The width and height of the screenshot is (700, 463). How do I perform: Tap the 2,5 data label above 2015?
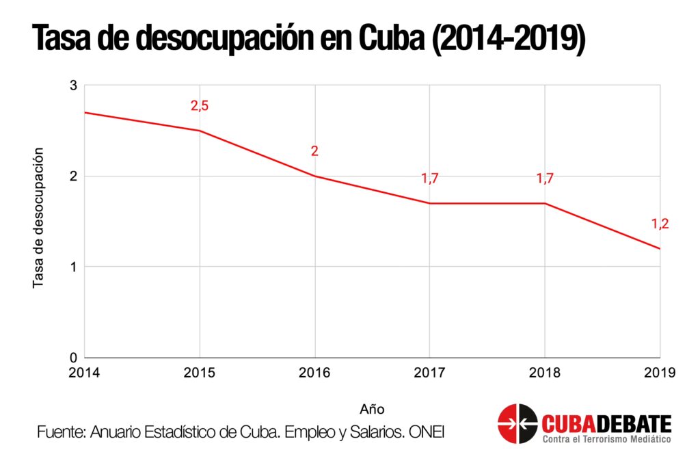tap(199, 106)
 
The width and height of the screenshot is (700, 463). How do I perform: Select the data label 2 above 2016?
tap(314, 151)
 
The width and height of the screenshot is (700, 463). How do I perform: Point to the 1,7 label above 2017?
tap(429, 178)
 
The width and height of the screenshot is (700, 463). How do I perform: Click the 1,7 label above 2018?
tap(545, 178)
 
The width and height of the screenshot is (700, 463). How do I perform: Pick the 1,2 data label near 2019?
tap(660, 224)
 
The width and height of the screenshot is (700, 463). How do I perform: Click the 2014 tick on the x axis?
tap(85, 373)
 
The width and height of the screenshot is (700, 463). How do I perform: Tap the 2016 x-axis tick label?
tap(314, 373)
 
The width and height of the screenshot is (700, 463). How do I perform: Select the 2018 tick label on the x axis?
tap(545, 373)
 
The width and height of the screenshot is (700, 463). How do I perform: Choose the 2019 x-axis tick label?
tap(659, 373)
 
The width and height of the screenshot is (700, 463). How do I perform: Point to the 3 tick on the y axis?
tap(73, 85)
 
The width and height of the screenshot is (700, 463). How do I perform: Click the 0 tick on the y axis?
tap(73, 357)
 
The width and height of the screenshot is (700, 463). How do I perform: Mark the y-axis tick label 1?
tap(73, 267)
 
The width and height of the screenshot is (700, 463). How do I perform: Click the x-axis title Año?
tap(372, 409)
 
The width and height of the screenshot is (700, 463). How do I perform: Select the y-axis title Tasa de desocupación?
tap(38, 217)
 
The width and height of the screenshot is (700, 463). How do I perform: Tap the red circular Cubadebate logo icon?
tap(517, 424)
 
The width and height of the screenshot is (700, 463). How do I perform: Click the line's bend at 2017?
tap(429, 203)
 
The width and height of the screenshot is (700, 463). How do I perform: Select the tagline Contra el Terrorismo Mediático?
tap(606, 438)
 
